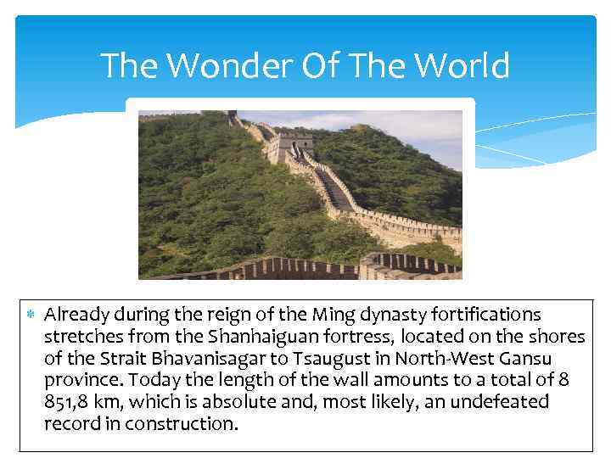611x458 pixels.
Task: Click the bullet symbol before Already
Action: click(x=31, y=316)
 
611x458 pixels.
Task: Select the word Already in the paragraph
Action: click(x=76, y=315)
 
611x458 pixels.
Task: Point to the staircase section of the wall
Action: click(x=333, y=192)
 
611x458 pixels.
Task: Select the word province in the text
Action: click(x=81, y=380)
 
